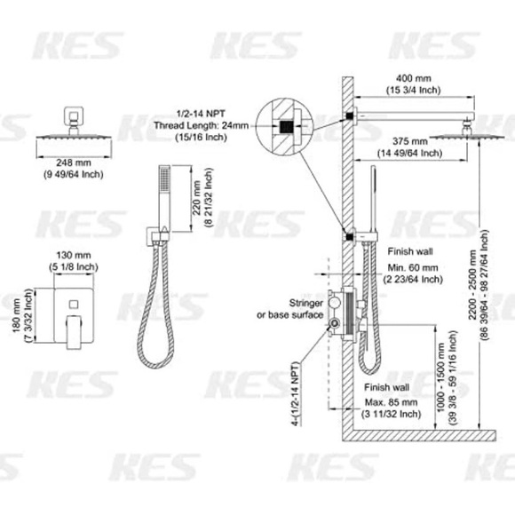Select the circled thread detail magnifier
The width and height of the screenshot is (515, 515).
tap(285, 127)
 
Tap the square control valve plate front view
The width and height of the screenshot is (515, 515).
tap(75, 311)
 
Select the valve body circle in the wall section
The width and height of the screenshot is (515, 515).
tap(342, 314)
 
